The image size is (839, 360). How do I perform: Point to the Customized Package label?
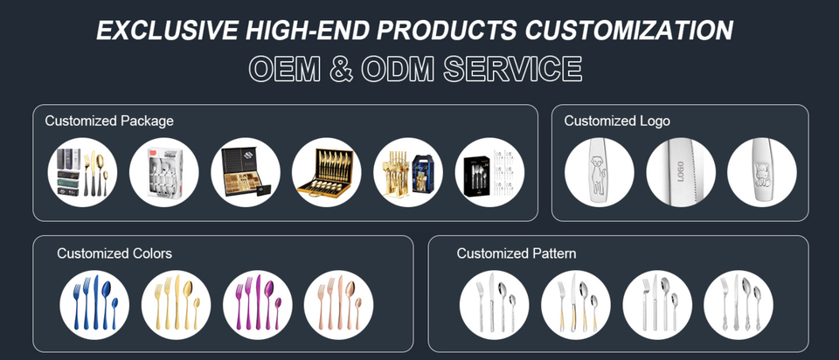click(109, 121)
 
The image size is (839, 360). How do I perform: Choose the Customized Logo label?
click(617, 121)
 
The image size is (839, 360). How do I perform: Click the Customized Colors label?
click(114, 253)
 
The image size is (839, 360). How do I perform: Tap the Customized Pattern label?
click(517, 253)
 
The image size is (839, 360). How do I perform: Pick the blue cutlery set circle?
click(94, 305)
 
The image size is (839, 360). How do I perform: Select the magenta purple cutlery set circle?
click(258, 305)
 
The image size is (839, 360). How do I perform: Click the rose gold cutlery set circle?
click(339, 305)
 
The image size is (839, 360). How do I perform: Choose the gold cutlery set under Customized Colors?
click(177, 305)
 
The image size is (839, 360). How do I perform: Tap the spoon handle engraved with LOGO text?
click(681, 173)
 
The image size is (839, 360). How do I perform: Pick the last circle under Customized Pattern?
click(738, 305)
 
